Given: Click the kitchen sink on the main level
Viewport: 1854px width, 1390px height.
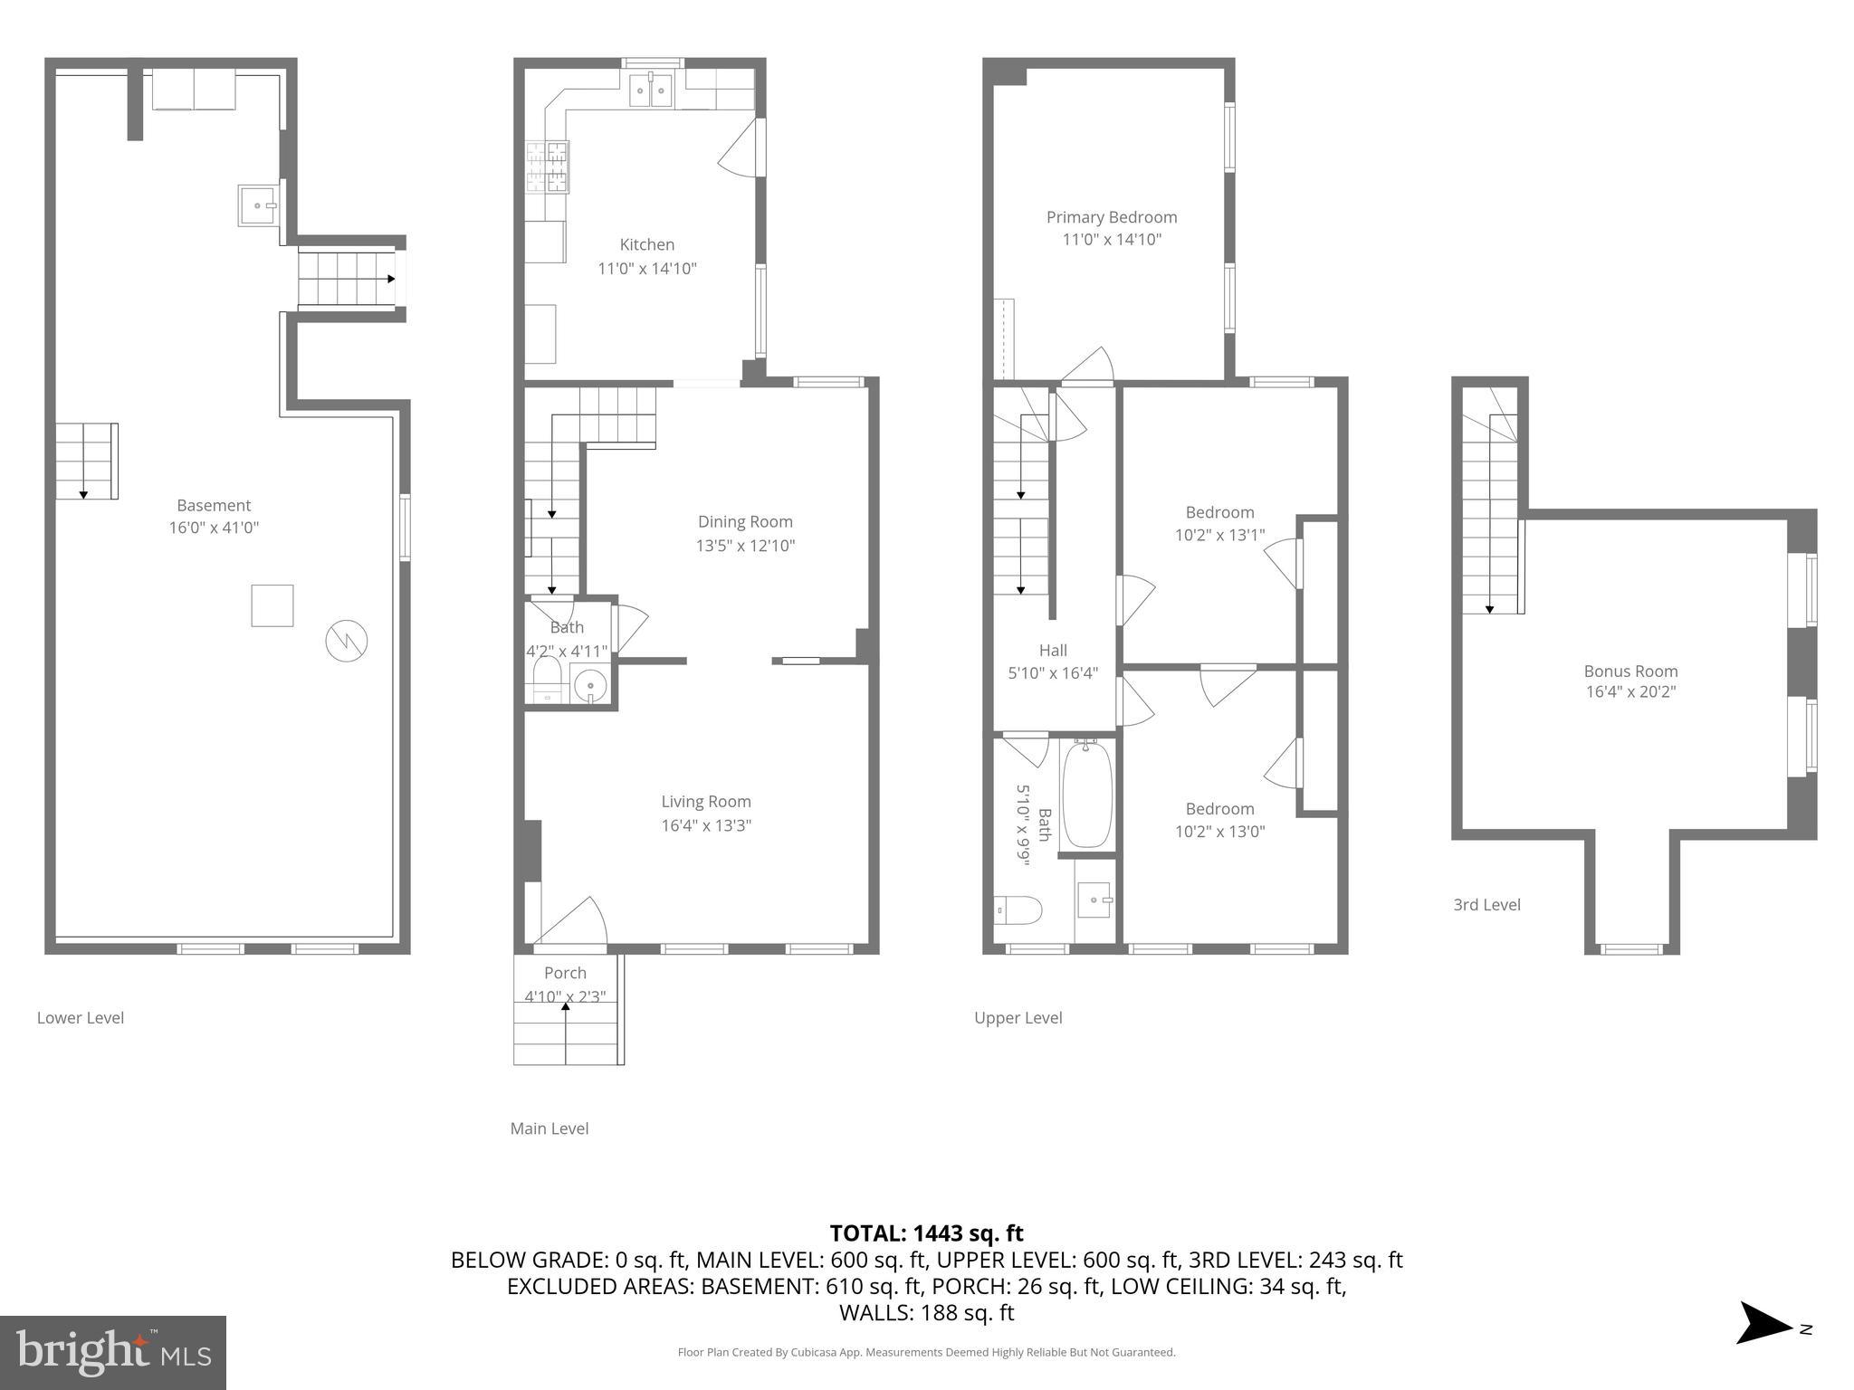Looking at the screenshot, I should point(651,90).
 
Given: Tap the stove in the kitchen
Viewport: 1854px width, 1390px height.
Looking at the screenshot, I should point(549,167).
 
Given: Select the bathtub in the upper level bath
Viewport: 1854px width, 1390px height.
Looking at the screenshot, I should point(1086,795).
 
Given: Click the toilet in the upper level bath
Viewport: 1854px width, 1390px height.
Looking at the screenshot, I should point(1018,909).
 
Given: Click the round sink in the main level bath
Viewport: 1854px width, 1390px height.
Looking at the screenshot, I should point(590,684).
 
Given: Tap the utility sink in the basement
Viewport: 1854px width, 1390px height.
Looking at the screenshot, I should point(258,205).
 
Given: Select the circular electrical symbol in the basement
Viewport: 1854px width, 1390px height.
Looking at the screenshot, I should point(347,641).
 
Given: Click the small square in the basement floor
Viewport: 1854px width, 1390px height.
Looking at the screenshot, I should point(272,605).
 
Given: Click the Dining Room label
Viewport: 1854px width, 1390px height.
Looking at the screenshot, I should point(745,522).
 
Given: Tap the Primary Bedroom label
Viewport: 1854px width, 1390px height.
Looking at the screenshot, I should point(1112,217).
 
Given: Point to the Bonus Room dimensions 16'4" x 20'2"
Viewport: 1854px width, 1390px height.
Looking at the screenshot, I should point(1630,692).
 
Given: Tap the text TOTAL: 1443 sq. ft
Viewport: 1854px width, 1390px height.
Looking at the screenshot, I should point(926,1233).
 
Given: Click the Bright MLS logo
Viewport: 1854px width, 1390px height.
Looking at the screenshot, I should point(113,1353).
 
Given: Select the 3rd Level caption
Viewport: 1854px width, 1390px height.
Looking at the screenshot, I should point(1486,905).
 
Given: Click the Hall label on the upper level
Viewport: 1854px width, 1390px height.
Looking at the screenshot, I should point(1053,651).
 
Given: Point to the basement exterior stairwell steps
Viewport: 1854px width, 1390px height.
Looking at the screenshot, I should point(348,279).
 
